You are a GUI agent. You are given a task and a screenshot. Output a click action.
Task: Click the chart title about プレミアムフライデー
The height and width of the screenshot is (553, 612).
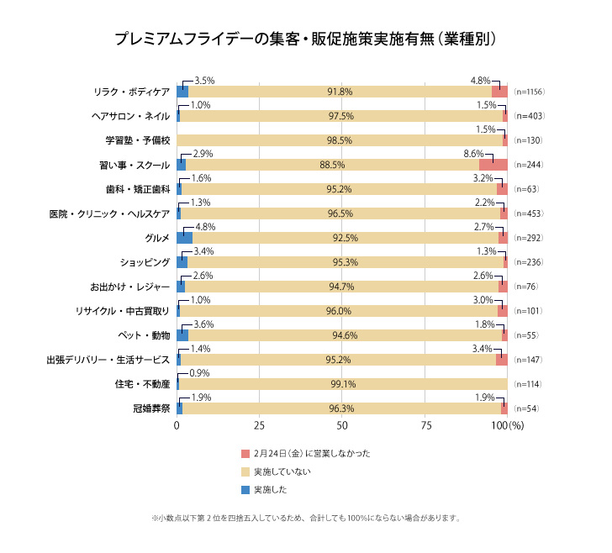(305, 39)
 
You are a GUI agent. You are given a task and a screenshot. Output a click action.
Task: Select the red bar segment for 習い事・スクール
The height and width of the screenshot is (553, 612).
(493, 165)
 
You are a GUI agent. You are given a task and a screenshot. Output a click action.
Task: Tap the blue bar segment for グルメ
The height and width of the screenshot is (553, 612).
(184, 238)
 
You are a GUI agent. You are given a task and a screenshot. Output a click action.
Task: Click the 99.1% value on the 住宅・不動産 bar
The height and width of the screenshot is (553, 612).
(341, 384)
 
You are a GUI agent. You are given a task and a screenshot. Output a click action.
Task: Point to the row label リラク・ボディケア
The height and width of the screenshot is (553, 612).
(132, 92)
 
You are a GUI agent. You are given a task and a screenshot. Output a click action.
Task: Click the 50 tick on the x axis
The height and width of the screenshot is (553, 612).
(342, 426)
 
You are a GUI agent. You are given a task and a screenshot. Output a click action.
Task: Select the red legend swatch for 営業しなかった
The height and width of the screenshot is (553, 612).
(245, 454)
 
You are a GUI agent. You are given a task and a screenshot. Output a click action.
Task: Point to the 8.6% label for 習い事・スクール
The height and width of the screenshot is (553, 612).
(474, 155)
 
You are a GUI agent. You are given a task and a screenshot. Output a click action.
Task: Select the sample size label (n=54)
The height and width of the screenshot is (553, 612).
(525, 408)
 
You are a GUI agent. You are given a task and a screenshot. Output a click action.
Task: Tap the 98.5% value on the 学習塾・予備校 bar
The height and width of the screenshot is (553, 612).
(340, 140)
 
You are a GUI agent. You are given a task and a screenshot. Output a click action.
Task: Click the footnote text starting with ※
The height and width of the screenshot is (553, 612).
(305, 518)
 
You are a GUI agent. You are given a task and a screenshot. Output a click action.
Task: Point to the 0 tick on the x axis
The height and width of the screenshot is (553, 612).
(177, 426)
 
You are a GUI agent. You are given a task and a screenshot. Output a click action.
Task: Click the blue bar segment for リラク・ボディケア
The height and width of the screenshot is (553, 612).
(182, 92)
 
